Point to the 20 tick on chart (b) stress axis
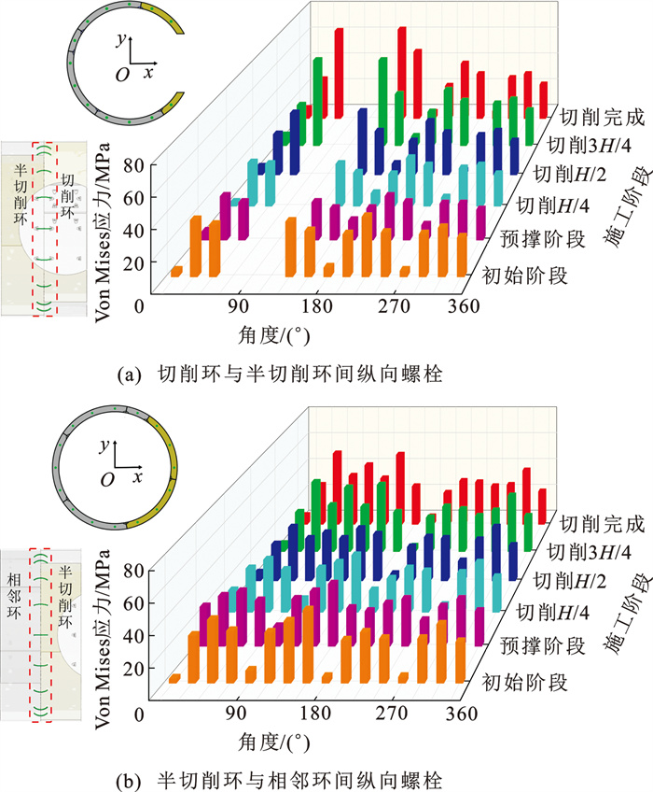tap(131, 670)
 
